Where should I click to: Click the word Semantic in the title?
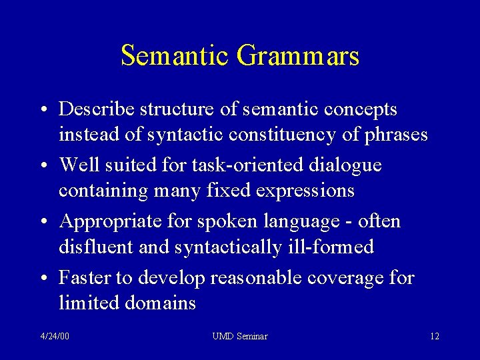[x=175, y=55]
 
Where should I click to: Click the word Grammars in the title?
[x=298, y=57]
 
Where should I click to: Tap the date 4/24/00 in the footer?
[x=55, y=337]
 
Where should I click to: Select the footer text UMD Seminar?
[x=240, y=337]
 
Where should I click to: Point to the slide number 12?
[x=434, y=337]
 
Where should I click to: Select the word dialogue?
[x=345, y=165]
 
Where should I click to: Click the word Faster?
[x=85, y=277]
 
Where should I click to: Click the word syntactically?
[x=229, y=248]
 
